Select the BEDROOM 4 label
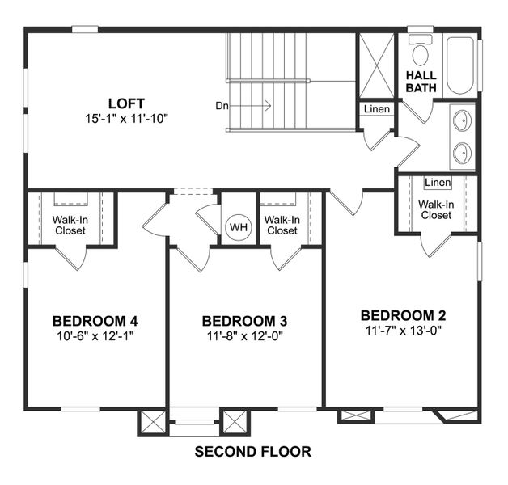[x=95, y=318]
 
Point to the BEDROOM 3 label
[x=244, y=321]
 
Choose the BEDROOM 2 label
[x=403, y=315]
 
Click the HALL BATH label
[x=421, y=81]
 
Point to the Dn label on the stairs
[x=223, y=105]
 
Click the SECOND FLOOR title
[x=252, y=452]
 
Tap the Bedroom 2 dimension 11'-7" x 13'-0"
[x=403, y=330]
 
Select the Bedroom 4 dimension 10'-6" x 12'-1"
[x=95, y=335]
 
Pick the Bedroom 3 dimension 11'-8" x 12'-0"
[x=244, y=335]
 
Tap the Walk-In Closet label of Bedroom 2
[x=436, y=209]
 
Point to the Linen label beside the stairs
[x=376, y=109]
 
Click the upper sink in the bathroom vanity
[x=462, y=121]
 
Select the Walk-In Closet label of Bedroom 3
[x=282, y=225]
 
